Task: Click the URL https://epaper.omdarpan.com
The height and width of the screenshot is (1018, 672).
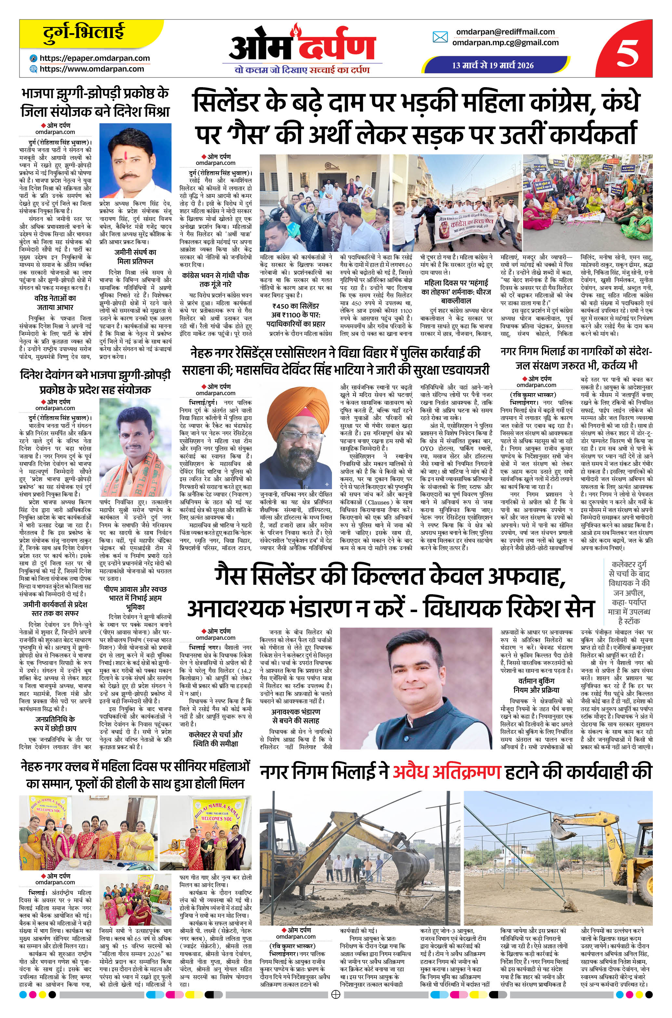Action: (95, 58)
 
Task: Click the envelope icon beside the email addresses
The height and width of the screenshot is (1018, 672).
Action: (440, 37)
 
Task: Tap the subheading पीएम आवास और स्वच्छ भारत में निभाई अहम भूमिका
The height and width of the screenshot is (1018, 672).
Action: (135, 597)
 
